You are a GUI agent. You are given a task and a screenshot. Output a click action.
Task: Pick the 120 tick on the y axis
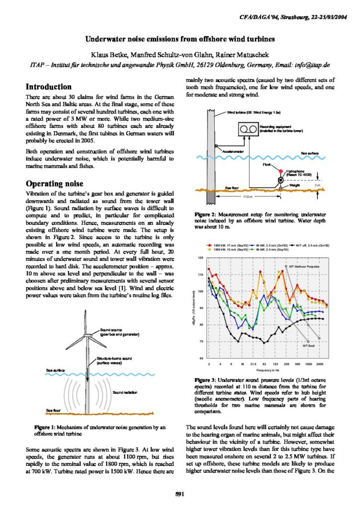(201, 258)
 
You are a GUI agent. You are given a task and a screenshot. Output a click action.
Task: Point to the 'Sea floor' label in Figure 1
(54, 410)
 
